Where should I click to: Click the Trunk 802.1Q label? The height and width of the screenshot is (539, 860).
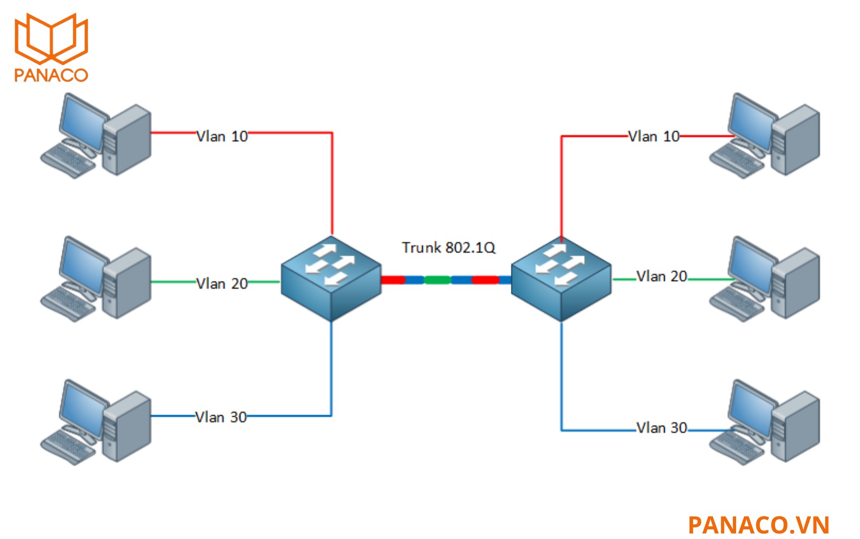coord(448,247)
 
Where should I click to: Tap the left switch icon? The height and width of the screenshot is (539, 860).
coord(331,278)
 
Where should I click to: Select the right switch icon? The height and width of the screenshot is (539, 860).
coord(561,278)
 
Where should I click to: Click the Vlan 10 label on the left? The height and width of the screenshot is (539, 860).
coord(222,136)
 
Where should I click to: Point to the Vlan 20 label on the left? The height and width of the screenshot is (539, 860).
coord(222,283)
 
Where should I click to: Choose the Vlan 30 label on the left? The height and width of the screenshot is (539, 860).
coord(221,417)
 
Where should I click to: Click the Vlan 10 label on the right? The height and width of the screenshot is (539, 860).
coord(654,136)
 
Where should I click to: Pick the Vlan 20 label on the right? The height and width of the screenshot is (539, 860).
coord(662,276)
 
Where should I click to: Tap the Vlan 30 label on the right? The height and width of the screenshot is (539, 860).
coord(662,428)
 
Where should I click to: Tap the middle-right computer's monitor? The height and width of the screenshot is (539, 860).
coord(751,263)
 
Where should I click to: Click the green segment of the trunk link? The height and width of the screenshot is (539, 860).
coord(437,280)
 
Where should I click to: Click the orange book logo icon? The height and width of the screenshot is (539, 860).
coord(52,38)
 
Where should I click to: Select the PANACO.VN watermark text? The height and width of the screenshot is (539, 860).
coord(758,525)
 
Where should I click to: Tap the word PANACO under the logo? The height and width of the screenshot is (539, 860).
coord(51,75)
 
